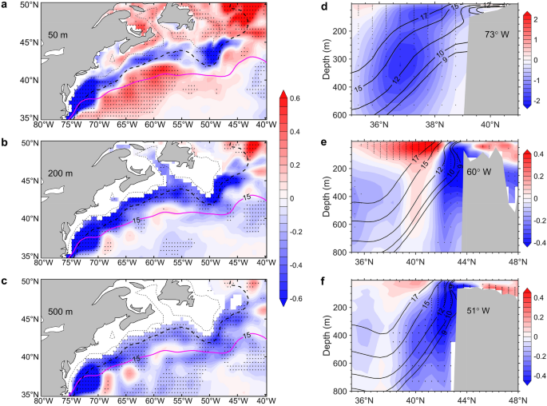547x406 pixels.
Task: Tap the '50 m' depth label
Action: pyautogui.click(x=58, y=36)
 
